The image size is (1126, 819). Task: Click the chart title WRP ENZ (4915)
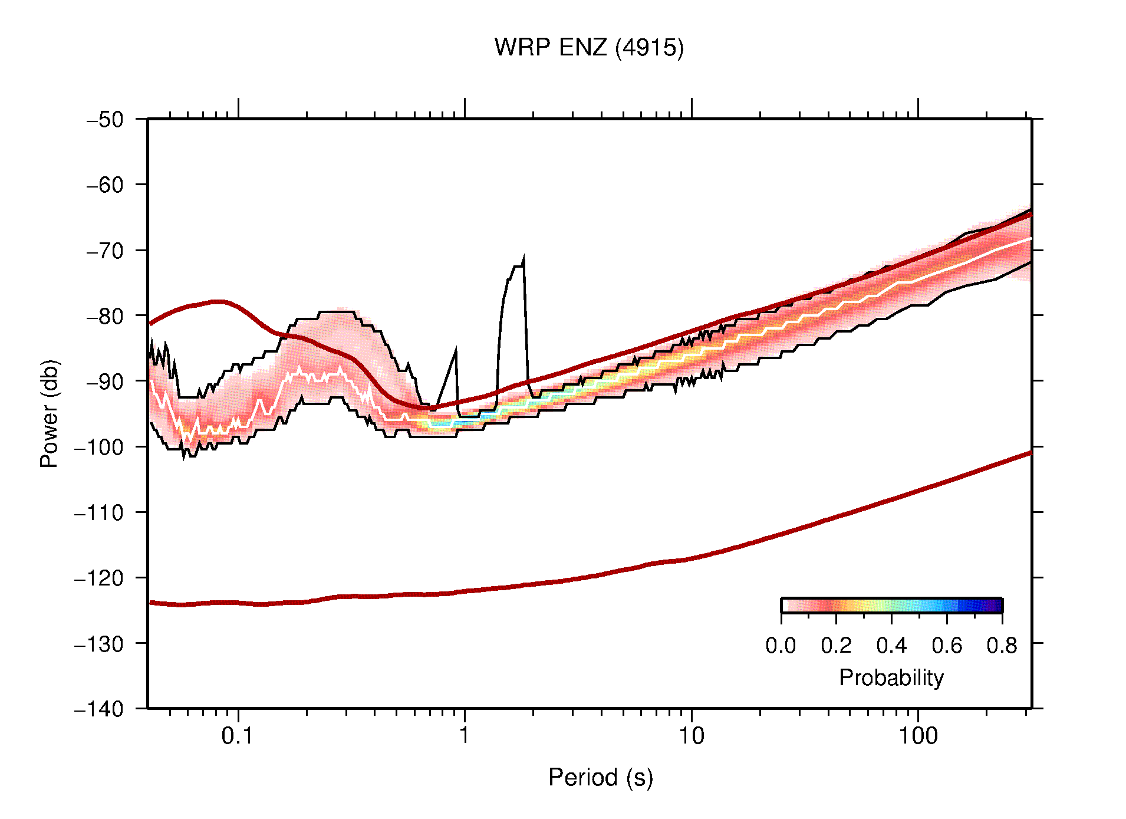tap(588, 48)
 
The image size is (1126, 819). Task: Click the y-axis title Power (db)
tap(50, 413)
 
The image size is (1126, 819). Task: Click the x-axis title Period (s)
tap(600, 778)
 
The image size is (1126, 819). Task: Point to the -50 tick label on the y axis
tap(105, 120)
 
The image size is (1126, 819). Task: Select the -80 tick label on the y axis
tap(105, 316)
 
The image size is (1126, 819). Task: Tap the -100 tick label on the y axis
tap(99, 447)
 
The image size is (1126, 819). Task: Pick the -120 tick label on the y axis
tap(99, 578)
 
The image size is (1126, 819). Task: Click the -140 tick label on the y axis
tap(99, 709)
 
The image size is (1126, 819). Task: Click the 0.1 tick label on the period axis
tap(238, 736)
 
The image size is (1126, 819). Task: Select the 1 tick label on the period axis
tap(465, 736)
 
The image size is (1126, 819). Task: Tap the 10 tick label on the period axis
tap(691, 736)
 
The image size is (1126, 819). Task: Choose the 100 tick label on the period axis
tap(917, 736)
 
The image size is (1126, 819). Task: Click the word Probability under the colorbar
tap(891, 678)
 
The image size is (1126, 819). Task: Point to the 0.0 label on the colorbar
tap(781, 646)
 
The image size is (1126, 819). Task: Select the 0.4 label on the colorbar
tap(891, 646)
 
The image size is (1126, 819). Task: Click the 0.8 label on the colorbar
tap(1002, 646)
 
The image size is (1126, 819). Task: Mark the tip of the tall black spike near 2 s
tap(524, 258)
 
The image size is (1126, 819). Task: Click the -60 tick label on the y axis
tap(105, 185)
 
